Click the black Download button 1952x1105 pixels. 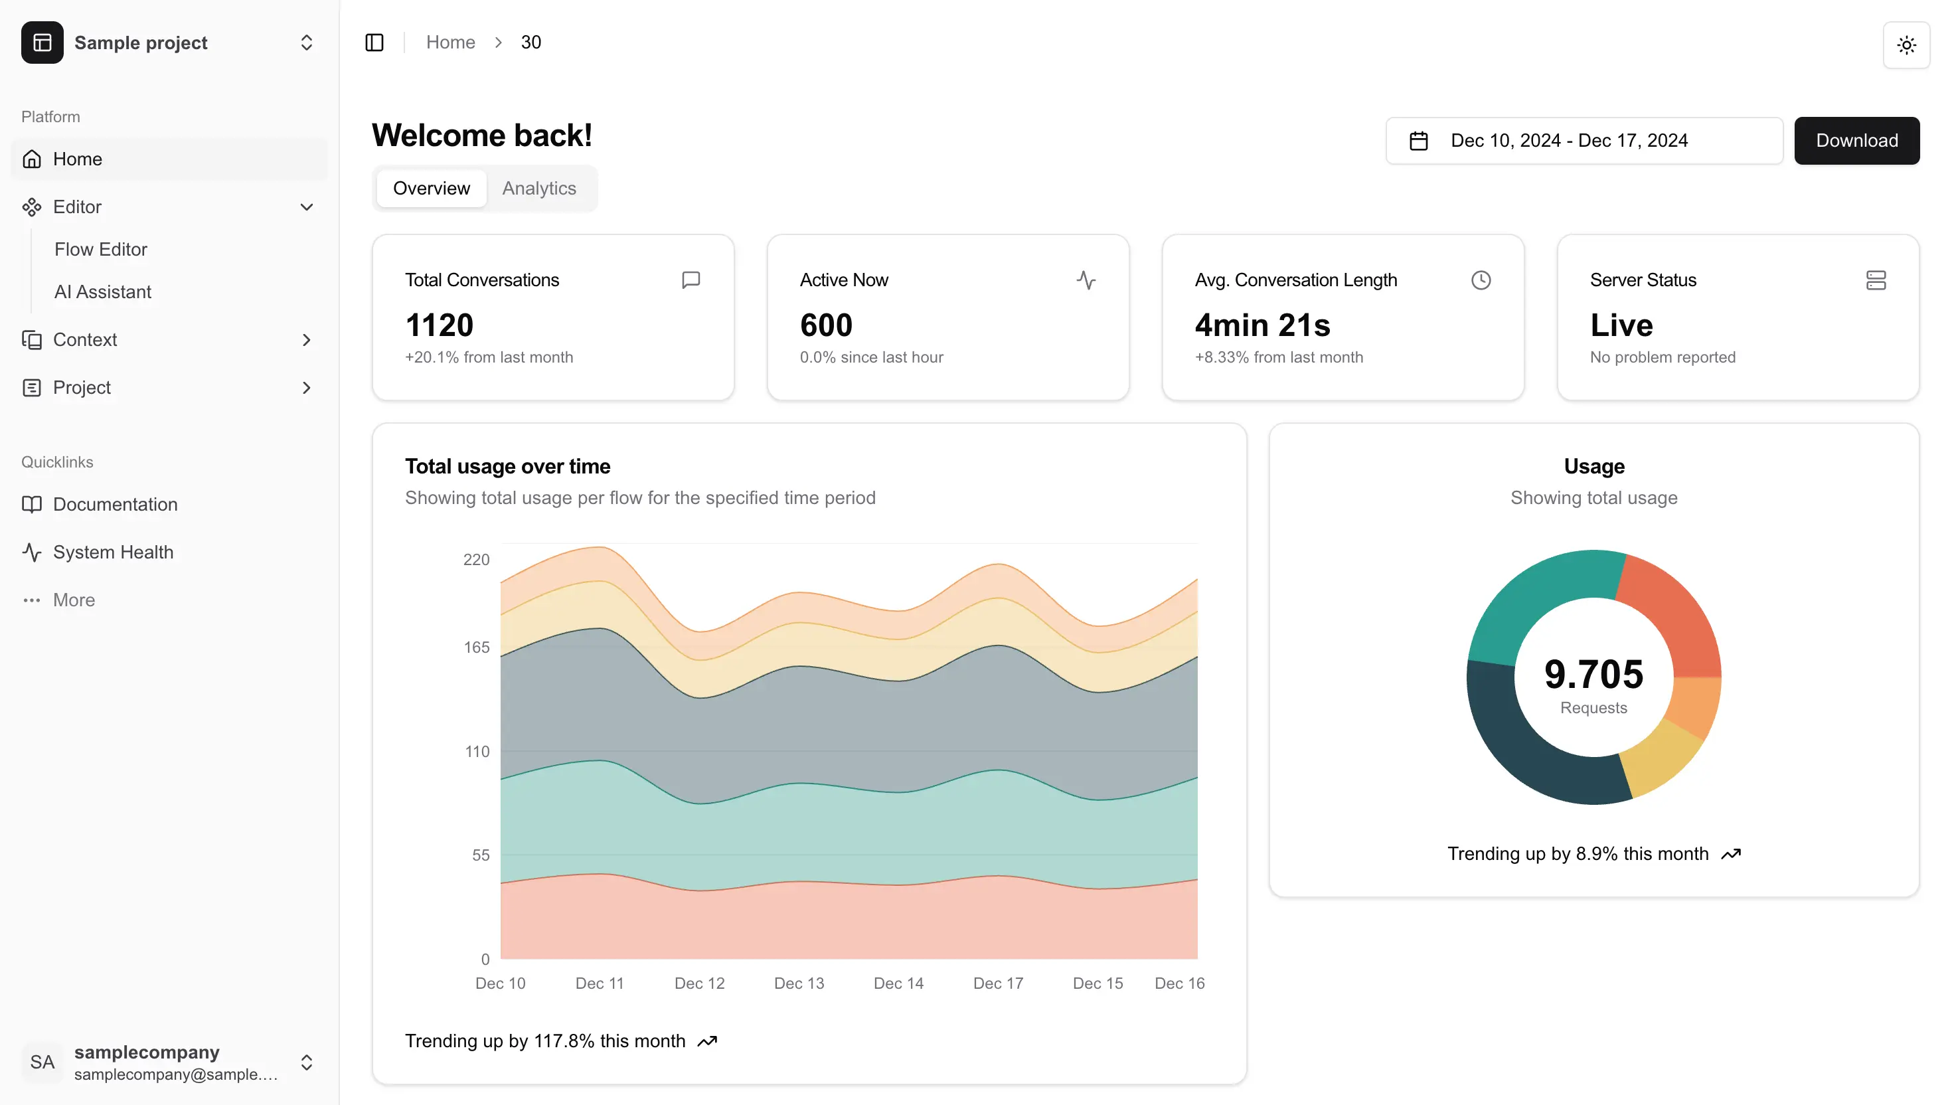click(1856, 140)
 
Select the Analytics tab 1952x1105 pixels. click(538, 188)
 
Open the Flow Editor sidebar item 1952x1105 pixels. click(100, 249)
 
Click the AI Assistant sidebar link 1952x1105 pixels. click(102, 292)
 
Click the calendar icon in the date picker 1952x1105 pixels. click(1418, 141)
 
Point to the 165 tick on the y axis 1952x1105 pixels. click(477, 647)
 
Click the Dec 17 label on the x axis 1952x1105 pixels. click(998, 983)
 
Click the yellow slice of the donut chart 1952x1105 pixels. click(1665, 759)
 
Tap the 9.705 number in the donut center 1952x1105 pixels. click(1593, 674)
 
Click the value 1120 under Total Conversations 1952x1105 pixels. click(440, 325)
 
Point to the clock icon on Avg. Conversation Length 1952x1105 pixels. click(1480, 280)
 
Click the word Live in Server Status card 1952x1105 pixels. click(1621, 325)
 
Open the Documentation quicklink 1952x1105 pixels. click(115, 504)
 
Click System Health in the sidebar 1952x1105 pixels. click(112, 552)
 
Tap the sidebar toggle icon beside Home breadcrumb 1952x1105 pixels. click(374, 42)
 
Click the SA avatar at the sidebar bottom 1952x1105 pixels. click(42, 1062)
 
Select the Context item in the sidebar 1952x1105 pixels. click(84, 339)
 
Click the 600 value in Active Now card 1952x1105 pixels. click(825, 325)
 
